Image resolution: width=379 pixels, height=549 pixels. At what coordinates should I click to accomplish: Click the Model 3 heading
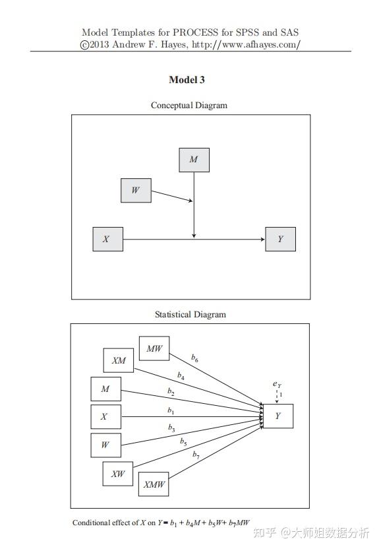click(x=187, y=80)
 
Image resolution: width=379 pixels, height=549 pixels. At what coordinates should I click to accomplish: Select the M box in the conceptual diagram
click(x=194, y=160)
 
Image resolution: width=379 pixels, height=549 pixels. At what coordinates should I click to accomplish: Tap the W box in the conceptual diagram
click(x=136, y=191)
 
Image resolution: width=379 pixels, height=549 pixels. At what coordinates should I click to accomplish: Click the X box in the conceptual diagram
click(x=107, y=239)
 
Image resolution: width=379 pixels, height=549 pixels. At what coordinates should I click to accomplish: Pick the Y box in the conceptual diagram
click(x=280, y=239)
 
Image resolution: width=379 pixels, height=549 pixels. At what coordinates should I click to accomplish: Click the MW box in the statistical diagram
click(x=154, y=348)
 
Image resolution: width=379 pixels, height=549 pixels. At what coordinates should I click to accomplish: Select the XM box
click(x=119, y=360)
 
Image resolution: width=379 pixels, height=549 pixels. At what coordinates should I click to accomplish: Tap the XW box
click(x=118, y=474)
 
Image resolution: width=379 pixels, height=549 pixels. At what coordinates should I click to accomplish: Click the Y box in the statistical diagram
click(x=278, y=416)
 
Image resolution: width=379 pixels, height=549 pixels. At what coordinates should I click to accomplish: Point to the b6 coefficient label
click(x=194, y=358)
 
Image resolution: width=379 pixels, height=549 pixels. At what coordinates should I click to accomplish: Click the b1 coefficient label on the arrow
click(x=170, y=410)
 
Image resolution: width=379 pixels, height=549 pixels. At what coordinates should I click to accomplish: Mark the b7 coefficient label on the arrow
click(x=196, y=454)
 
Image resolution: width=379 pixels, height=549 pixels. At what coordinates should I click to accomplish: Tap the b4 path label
click(x=181, y=375)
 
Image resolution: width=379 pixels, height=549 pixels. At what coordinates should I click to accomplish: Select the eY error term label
click(x=277, y=384)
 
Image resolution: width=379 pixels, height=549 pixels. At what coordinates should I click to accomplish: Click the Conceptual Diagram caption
click(x=189, y=105)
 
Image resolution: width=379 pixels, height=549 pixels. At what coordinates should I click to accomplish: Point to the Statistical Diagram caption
click(x=190, y=314)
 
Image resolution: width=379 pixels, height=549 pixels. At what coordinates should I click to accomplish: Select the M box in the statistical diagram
click(x=105, y=389)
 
